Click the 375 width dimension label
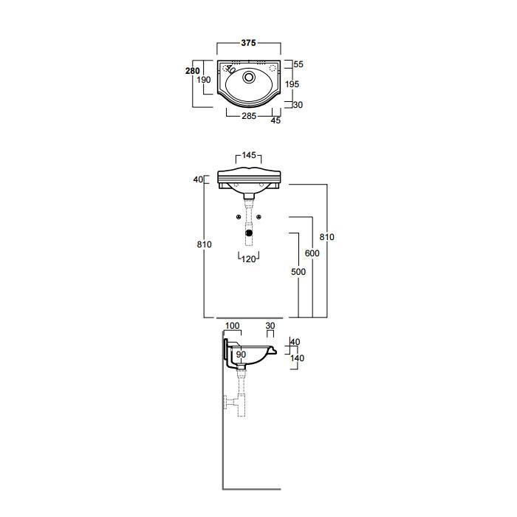(x=248, y=43)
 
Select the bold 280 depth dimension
(x=193, y=71)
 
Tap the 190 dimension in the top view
(x=204, y=80)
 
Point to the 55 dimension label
(x=298, y=64)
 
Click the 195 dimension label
(x=292, y=84)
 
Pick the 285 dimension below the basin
(x=249, y=116)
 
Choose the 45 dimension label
(x=275, y=120)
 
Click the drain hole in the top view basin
(x=249, y=77)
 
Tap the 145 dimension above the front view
(x=249, y=155)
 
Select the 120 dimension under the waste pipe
(x=249, y=259)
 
